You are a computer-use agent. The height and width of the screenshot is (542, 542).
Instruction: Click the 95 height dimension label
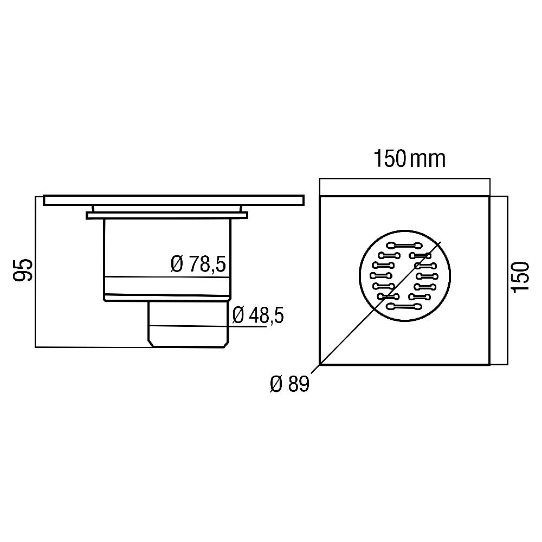click(x=23, y=270)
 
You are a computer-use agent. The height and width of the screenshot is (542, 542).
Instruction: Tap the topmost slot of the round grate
click(x=404, y=244)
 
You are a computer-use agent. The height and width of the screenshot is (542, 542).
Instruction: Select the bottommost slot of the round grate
click(x=404, y=307)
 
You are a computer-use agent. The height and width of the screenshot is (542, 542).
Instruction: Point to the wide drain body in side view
click(x=167, y=255)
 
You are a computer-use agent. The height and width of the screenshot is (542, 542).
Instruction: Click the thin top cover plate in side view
click(x=173, y=200)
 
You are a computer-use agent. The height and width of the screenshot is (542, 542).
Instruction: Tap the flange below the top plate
click(x=167, y=216)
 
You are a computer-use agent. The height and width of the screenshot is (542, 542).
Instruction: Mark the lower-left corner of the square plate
click(x=320, y=364)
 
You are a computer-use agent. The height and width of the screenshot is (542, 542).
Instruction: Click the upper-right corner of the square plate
click(x=489, y=196)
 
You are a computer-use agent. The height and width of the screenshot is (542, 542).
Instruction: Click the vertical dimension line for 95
click(x=35, y=271)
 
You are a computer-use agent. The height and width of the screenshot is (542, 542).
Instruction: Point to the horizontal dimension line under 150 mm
click(x=404, y=179)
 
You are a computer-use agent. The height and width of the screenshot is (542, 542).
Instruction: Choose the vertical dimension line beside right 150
click(x=507, y=280)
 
